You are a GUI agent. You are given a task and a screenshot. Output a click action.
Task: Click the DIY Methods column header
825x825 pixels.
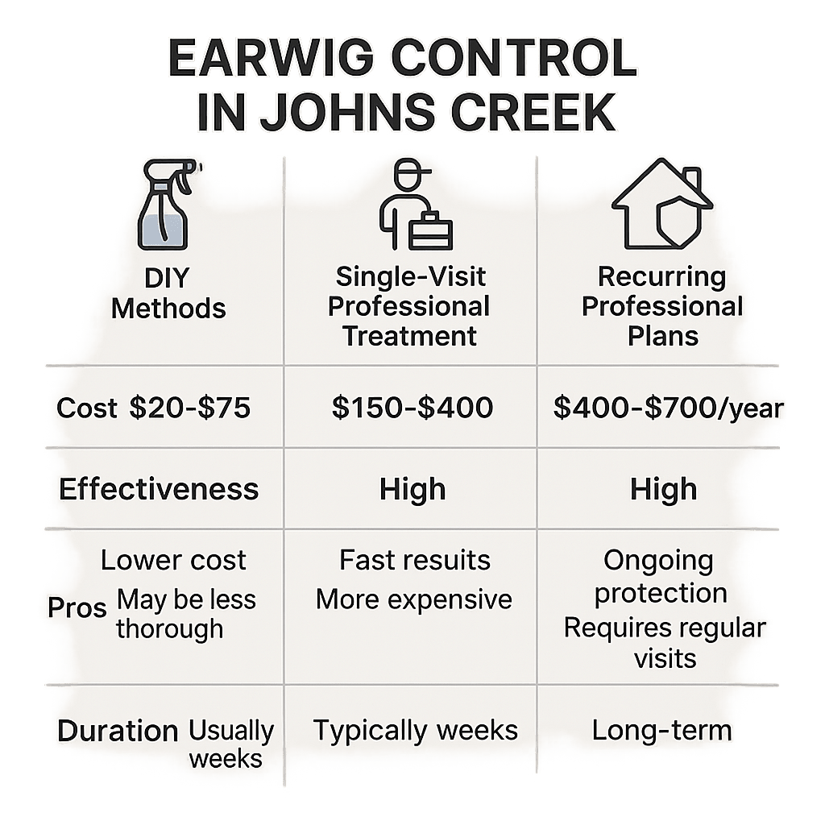click(x=168, y=293)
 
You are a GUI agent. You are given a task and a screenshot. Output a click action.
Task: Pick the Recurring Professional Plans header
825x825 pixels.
click(x=662, y=306)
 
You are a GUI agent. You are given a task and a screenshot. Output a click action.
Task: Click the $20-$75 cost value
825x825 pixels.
click(x=190, y=408)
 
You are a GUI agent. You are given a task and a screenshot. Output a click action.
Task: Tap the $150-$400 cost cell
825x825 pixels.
click(x=412, y=408)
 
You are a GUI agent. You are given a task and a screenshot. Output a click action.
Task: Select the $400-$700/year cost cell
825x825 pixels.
click(x=668, y=408)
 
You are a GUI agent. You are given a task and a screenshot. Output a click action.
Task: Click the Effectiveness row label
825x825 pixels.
click(x=159, y=490)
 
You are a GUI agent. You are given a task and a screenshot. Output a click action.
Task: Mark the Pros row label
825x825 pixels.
click(x=77, y=607)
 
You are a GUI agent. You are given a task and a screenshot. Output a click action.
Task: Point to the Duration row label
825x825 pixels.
click(x=118, y=732)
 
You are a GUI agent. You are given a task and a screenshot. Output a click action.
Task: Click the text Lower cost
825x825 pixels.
click(x=173, y=561)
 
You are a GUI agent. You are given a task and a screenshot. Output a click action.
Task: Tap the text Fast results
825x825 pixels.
click(x=414, y=560)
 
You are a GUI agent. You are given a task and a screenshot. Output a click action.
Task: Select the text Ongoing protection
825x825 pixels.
click(x=660, y=577)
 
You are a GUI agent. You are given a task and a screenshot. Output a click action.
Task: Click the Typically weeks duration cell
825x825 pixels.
click(x=415, y=731)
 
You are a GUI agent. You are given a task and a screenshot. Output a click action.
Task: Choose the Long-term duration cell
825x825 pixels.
click(x=661, y=731)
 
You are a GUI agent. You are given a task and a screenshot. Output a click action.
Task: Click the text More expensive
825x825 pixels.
click(x=413, y=599)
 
